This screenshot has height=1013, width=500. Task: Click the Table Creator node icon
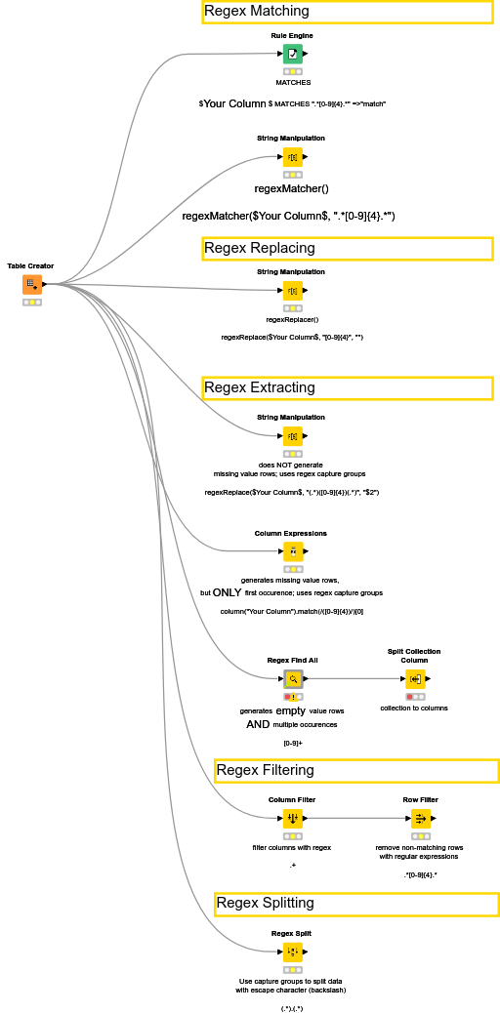coord(32,284)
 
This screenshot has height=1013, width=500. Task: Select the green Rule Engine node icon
coord(292,54)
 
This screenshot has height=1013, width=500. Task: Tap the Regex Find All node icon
coord(292,678)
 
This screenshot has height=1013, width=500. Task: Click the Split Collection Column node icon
coord(414,678)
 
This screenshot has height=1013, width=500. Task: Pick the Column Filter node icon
coord(292,818)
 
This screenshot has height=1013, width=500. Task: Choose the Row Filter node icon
coord(420,818)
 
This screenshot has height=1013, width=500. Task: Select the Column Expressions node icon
coord(292,551)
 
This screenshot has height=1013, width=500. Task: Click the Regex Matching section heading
coord(257,12)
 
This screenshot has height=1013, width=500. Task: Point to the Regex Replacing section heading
coord(260,248)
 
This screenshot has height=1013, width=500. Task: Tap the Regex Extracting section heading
coord(260,387)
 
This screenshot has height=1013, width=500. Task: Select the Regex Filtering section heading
coord(265,770)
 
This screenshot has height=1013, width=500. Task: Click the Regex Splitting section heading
coord(265,903)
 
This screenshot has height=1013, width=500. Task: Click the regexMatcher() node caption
coord(291,188)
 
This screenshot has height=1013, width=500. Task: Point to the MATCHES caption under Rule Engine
coord(292,83)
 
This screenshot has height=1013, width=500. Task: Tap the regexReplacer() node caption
coord(292,319)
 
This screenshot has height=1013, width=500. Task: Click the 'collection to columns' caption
coord(414,708)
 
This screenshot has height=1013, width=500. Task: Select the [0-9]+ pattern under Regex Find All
coord(292,743)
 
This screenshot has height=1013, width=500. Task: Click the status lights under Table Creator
coord(32,303)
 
